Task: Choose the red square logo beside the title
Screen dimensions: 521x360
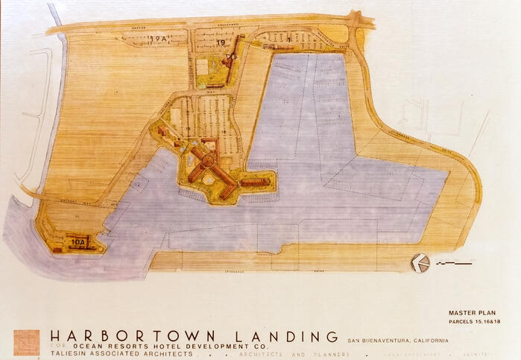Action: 26,342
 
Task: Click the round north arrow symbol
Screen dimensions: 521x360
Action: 420,263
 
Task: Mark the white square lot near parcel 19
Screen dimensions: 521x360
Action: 202,66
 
